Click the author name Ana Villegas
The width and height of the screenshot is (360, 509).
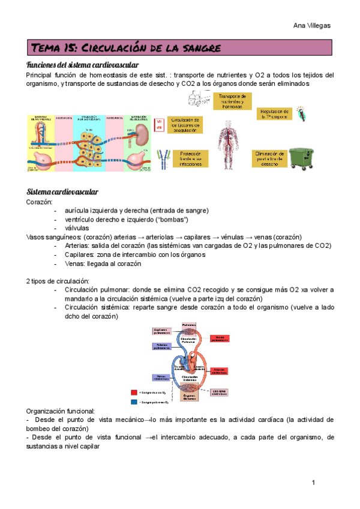coord(311,25)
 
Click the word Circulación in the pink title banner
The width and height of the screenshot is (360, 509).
coord(112,47)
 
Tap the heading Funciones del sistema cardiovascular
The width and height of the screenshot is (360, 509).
coord(82,65)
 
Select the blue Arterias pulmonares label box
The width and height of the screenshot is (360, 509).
coord(162,346)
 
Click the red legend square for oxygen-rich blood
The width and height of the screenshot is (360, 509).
coord(133,392)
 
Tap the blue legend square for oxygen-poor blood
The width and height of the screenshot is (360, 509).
coord(133,402)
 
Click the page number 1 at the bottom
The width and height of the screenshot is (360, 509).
coord(313,483)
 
